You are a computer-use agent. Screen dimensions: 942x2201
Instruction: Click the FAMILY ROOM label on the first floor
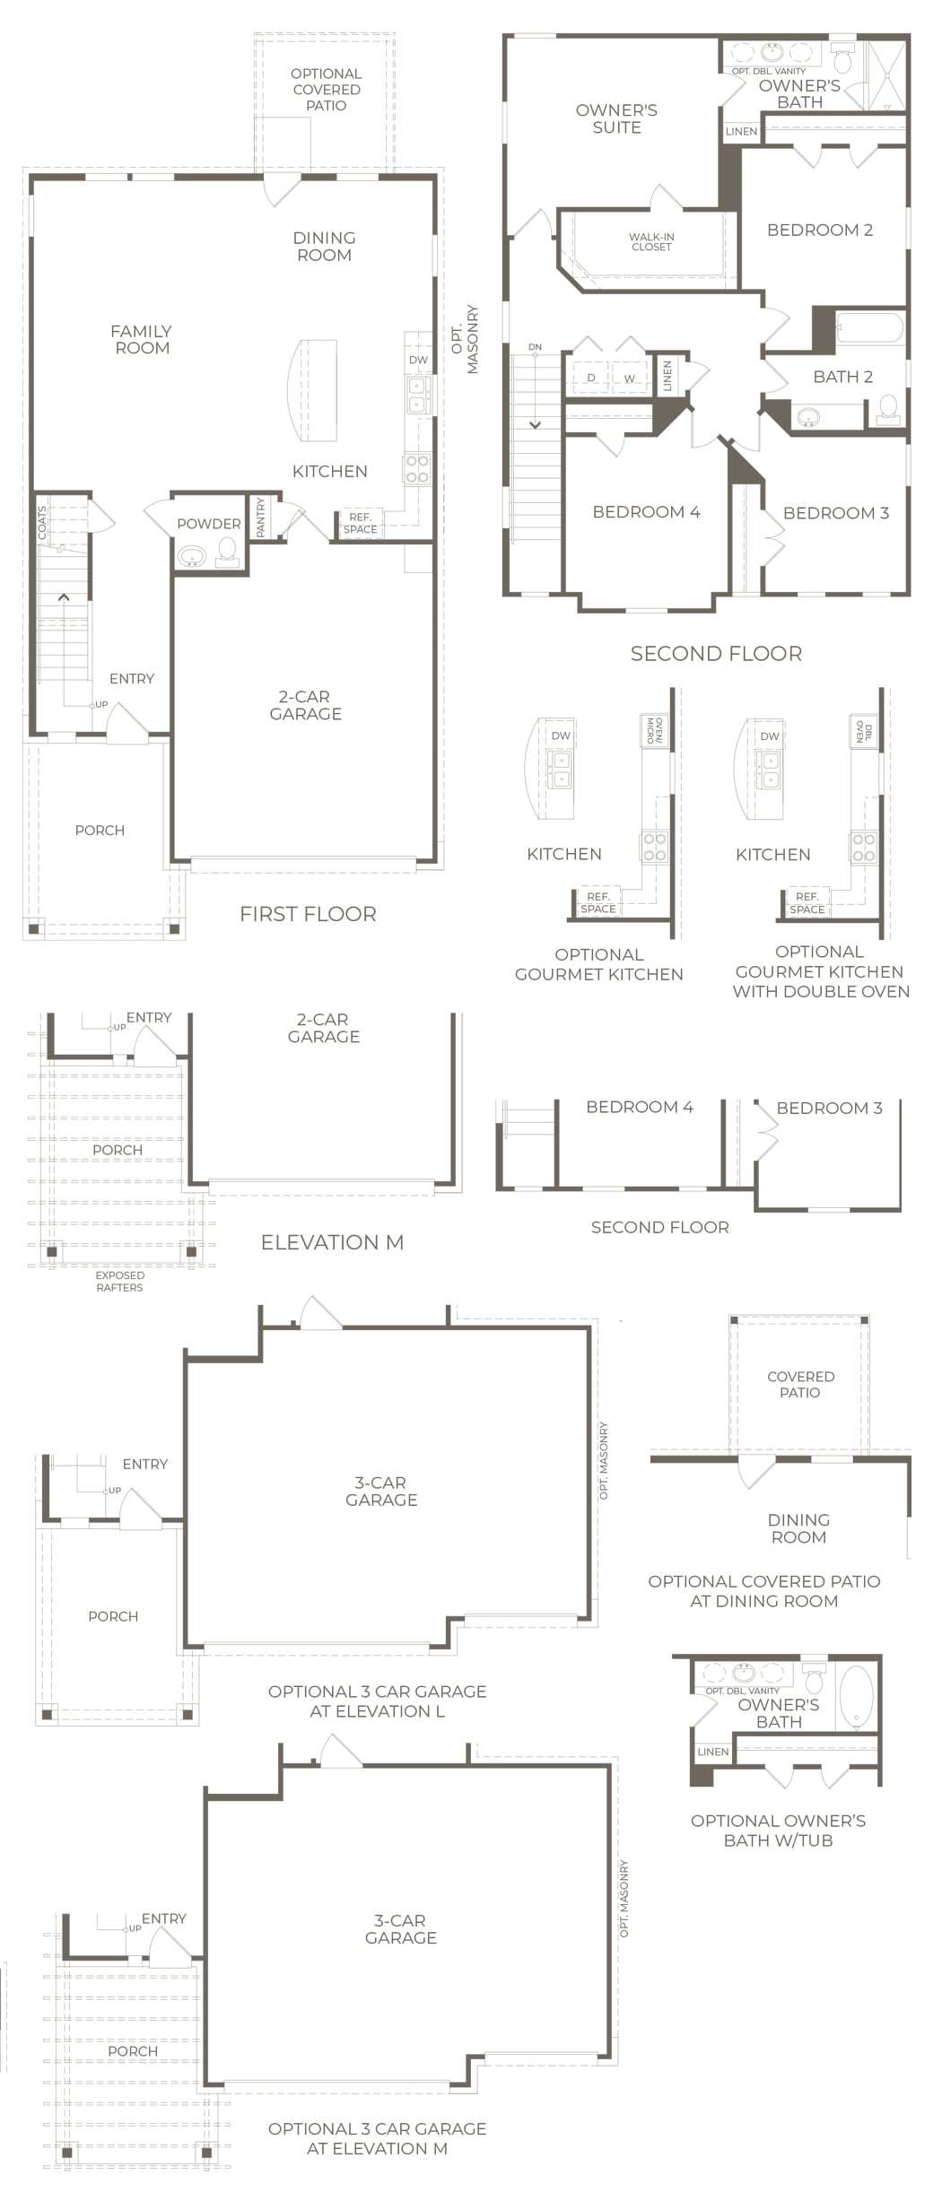[142, 340]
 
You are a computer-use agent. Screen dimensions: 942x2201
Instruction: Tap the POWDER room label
[209, 524]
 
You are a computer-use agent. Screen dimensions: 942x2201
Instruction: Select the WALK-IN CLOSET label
[651, 242]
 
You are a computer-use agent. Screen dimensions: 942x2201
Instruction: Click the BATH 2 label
[842, 377]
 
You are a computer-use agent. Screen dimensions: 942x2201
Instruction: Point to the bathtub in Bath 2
[868, 326]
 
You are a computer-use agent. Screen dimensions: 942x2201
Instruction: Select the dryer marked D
[591, 378]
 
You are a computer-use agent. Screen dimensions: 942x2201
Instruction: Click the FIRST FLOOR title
[308, 914]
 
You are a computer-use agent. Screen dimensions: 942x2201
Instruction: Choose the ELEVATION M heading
[332, 1242]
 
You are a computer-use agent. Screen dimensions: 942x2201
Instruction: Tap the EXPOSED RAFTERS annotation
[119, 1282]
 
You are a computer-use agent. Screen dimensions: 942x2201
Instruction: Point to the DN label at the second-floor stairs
[535, 347]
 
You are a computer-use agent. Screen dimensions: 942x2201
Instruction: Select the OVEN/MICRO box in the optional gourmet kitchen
[656, 731]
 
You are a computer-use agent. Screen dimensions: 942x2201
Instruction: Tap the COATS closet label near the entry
[42, 523]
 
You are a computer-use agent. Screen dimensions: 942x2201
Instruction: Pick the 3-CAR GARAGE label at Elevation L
[381, 1492]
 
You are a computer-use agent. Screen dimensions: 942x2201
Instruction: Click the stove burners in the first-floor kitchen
[417, 468]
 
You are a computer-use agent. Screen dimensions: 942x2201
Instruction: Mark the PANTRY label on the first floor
[261, 518]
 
